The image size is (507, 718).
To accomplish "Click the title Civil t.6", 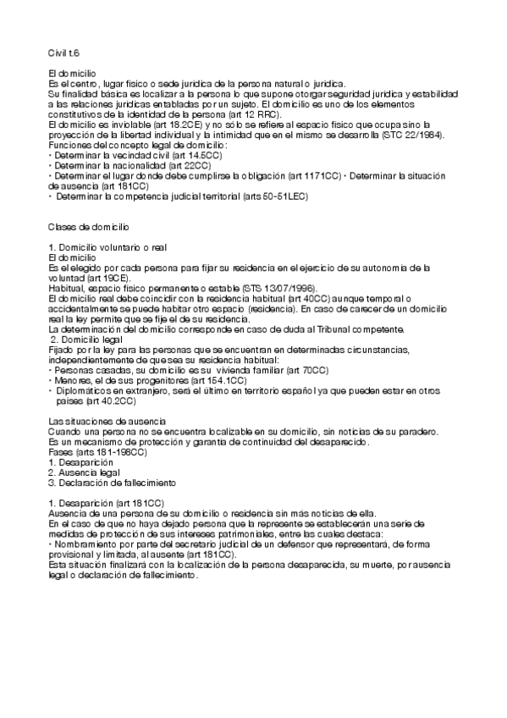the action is pyautogui.click(x=63, y=52).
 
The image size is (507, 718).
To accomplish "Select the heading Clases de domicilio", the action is pyautogui.click(x=88, y=228).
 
